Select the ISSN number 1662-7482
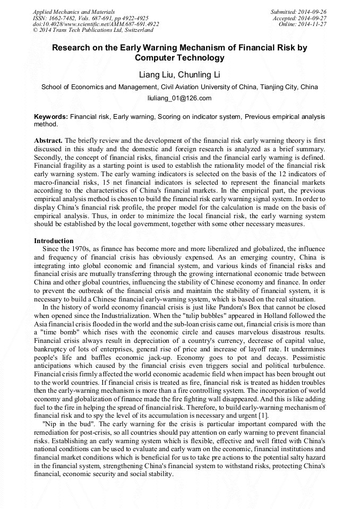coord(64,18)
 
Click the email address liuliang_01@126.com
coord(179,98)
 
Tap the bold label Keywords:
coord(51,116)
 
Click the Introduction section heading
coord(54,240)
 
